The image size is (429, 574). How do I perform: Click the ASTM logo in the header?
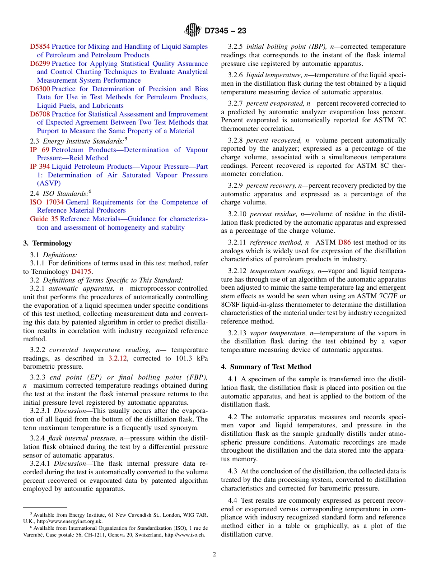[193, 31]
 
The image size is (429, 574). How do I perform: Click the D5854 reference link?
[40, 46]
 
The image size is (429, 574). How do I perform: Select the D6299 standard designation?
[40, 64]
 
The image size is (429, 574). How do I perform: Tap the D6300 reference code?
[40, 89]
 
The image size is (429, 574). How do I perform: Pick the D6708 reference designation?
[40, 114]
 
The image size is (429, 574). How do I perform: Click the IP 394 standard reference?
[40, 167]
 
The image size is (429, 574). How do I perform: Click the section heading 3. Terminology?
[47, 243]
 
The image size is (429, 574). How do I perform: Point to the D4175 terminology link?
[81, 272]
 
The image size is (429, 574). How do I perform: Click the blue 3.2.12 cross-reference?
[118, 358]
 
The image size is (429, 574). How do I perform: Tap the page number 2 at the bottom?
[214, 555]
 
